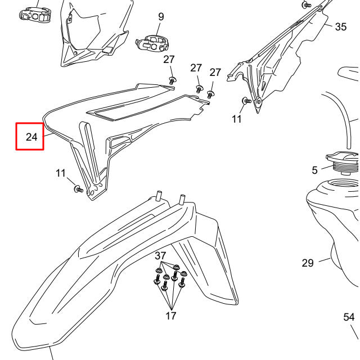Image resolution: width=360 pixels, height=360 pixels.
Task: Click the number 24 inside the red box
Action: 31,137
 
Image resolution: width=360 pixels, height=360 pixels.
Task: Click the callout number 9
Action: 161,17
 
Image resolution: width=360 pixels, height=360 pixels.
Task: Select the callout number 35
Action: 341,26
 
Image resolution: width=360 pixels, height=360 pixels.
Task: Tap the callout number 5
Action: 314,170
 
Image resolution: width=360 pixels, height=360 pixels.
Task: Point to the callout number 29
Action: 307,263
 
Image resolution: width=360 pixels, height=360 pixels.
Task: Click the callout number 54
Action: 349,317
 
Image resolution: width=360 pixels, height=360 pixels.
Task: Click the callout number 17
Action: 171,316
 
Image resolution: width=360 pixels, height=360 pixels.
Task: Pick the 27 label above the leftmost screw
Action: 169,60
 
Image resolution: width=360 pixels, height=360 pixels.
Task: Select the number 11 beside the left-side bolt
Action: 61,173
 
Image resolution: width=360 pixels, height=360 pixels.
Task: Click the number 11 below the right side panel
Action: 237,119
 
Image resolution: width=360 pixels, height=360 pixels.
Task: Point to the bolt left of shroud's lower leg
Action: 78,190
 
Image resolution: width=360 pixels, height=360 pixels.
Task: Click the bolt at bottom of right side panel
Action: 245,101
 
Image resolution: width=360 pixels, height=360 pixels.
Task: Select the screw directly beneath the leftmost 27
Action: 172,80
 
